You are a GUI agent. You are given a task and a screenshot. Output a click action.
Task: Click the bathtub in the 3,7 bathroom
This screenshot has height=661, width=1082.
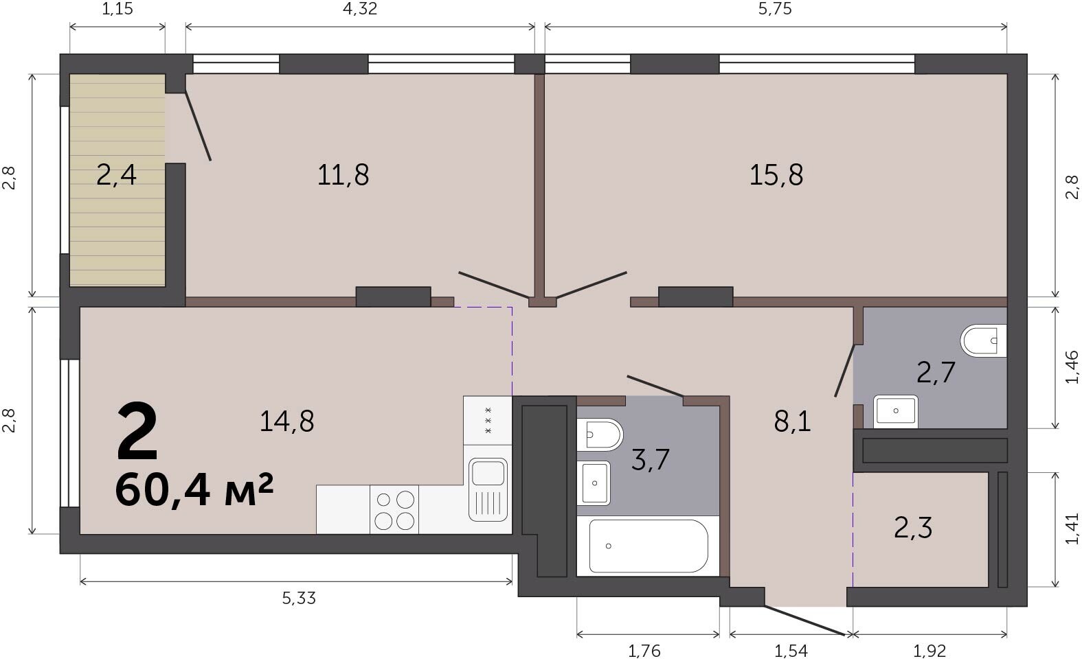pos(649,546)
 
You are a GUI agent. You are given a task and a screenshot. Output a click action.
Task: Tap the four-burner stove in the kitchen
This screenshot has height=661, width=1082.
pos(394,509)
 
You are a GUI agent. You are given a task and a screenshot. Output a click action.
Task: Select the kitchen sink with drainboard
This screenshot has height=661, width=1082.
pos(488,489)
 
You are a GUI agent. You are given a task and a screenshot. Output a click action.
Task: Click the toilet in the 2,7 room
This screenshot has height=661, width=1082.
pos(984,340)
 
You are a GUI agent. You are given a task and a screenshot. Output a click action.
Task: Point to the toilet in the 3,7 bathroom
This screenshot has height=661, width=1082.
pos(600,434)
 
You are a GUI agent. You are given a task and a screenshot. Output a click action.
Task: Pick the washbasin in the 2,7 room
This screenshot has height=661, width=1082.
pos(896,412)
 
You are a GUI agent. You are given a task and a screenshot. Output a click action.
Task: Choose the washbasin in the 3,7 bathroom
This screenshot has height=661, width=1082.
pos(594,483)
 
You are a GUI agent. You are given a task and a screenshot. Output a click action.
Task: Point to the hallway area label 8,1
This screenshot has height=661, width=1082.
pos(792,421)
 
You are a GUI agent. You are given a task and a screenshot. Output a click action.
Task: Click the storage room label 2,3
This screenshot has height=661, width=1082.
pos(913,528)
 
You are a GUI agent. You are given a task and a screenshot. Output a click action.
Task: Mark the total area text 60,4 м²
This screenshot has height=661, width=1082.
pos(194,489)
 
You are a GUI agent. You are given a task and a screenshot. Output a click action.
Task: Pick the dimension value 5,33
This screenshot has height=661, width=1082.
pos(299,599)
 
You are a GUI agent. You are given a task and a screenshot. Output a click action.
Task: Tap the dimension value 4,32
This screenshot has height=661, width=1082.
pos(360,9)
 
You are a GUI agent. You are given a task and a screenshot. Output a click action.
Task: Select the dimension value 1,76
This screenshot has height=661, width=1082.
pos(644,651)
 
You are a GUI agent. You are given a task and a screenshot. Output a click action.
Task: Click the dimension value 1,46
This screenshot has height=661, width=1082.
pos(1072,367)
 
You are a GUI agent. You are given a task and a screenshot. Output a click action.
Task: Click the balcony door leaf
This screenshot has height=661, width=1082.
pos(198,126)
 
